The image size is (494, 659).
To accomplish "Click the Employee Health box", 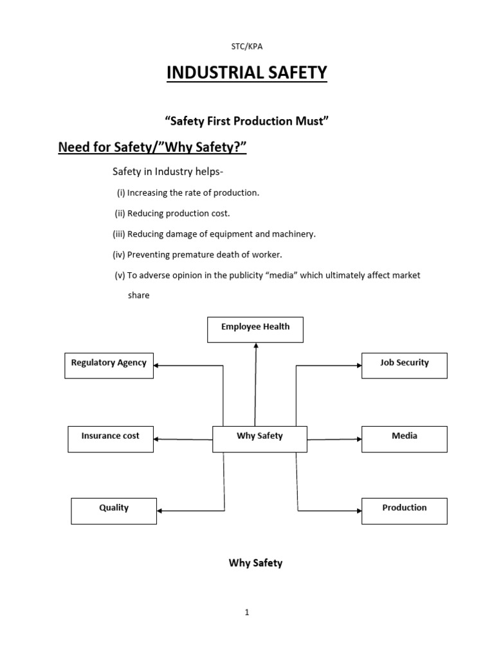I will pyautogui.click(x=255, y=329).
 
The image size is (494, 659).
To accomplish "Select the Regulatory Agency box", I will pyautogui.click(x=109, y=365).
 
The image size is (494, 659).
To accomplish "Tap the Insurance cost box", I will pyautogui.click(x=111, y=438).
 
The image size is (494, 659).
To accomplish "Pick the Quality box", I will pyautogui.click(x=114, y=510).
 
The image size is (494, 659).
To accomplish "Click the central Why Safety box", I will pyautogui.click(x=260, y=438).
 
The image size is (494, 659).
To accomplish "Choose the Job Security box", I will pyautogui.click(x=404, y=365).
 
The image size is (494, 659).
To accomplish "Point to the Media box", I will pyautogui.click(x=404, y=438).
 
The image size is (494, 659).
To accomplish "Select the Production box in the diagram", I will pyautogui.click(x=404, y=510).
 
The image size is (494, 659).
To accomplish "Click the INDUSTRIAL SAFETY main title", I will pyautogui.click(x=247, y=73).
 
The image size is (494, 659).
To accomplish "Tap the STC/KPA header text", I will pyautogui.click(x=247, y=46).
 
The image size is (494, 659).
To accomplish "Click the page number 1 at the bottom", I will pyautogui.click(x=246, y=613).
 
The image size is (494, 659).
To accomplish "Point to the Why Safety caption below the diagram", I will pyautogui.click(x=255, y=563).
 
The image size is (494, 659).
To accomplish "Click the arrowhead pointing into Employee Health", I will pyautogui.click(x=256, y=346).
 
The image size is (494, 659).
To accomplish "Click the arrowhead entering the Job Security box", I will pyautogui.click(x=358, y=366).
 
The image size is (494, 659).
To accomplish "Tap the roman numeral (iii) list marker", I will pyautogui.click(x=119, y=234).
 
